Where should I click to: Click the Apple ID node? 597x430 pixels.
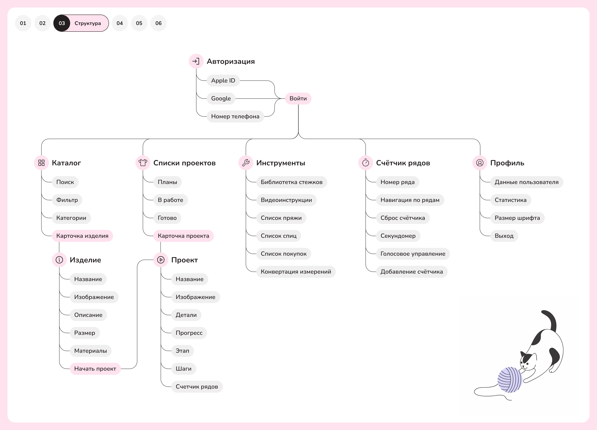(223, 81)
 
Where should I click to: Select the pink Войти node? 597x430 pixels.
(298, 99)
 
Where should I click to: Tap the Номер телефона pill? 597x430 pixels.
(235, 116)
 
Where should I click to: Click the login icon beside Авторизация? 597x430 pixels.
(196, 61)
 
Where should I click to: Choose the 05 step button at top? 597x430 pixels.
(139, 23)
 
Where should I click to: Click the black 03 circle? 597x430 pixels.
(62, 23)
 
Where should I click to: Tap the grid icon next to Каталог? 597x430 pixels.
(41, 163)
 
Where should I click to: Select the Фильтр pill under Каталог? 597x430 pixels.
(67, 200)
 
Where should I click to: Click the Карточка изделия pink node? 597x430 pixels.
(82, 236)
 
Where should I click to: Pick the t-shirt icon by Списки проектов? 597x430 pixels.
(143, 163)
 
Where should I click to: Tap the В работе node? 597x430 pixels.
(170, 200)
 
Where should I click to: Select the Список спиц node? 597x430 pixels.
(279, 236)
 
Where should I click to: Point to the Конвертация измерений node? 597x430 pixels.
(296, 272)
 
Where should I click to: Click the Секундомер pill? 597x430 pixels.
(398, 236)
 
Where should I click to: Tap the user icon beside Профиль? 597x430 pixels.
(480, 163)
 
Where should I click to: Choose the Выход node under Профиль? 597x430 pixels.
(504, 236)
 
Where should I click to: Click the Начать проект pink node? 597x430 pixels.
(95, 368)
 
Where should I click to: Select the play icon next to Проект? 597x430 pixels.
(161, 260)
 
